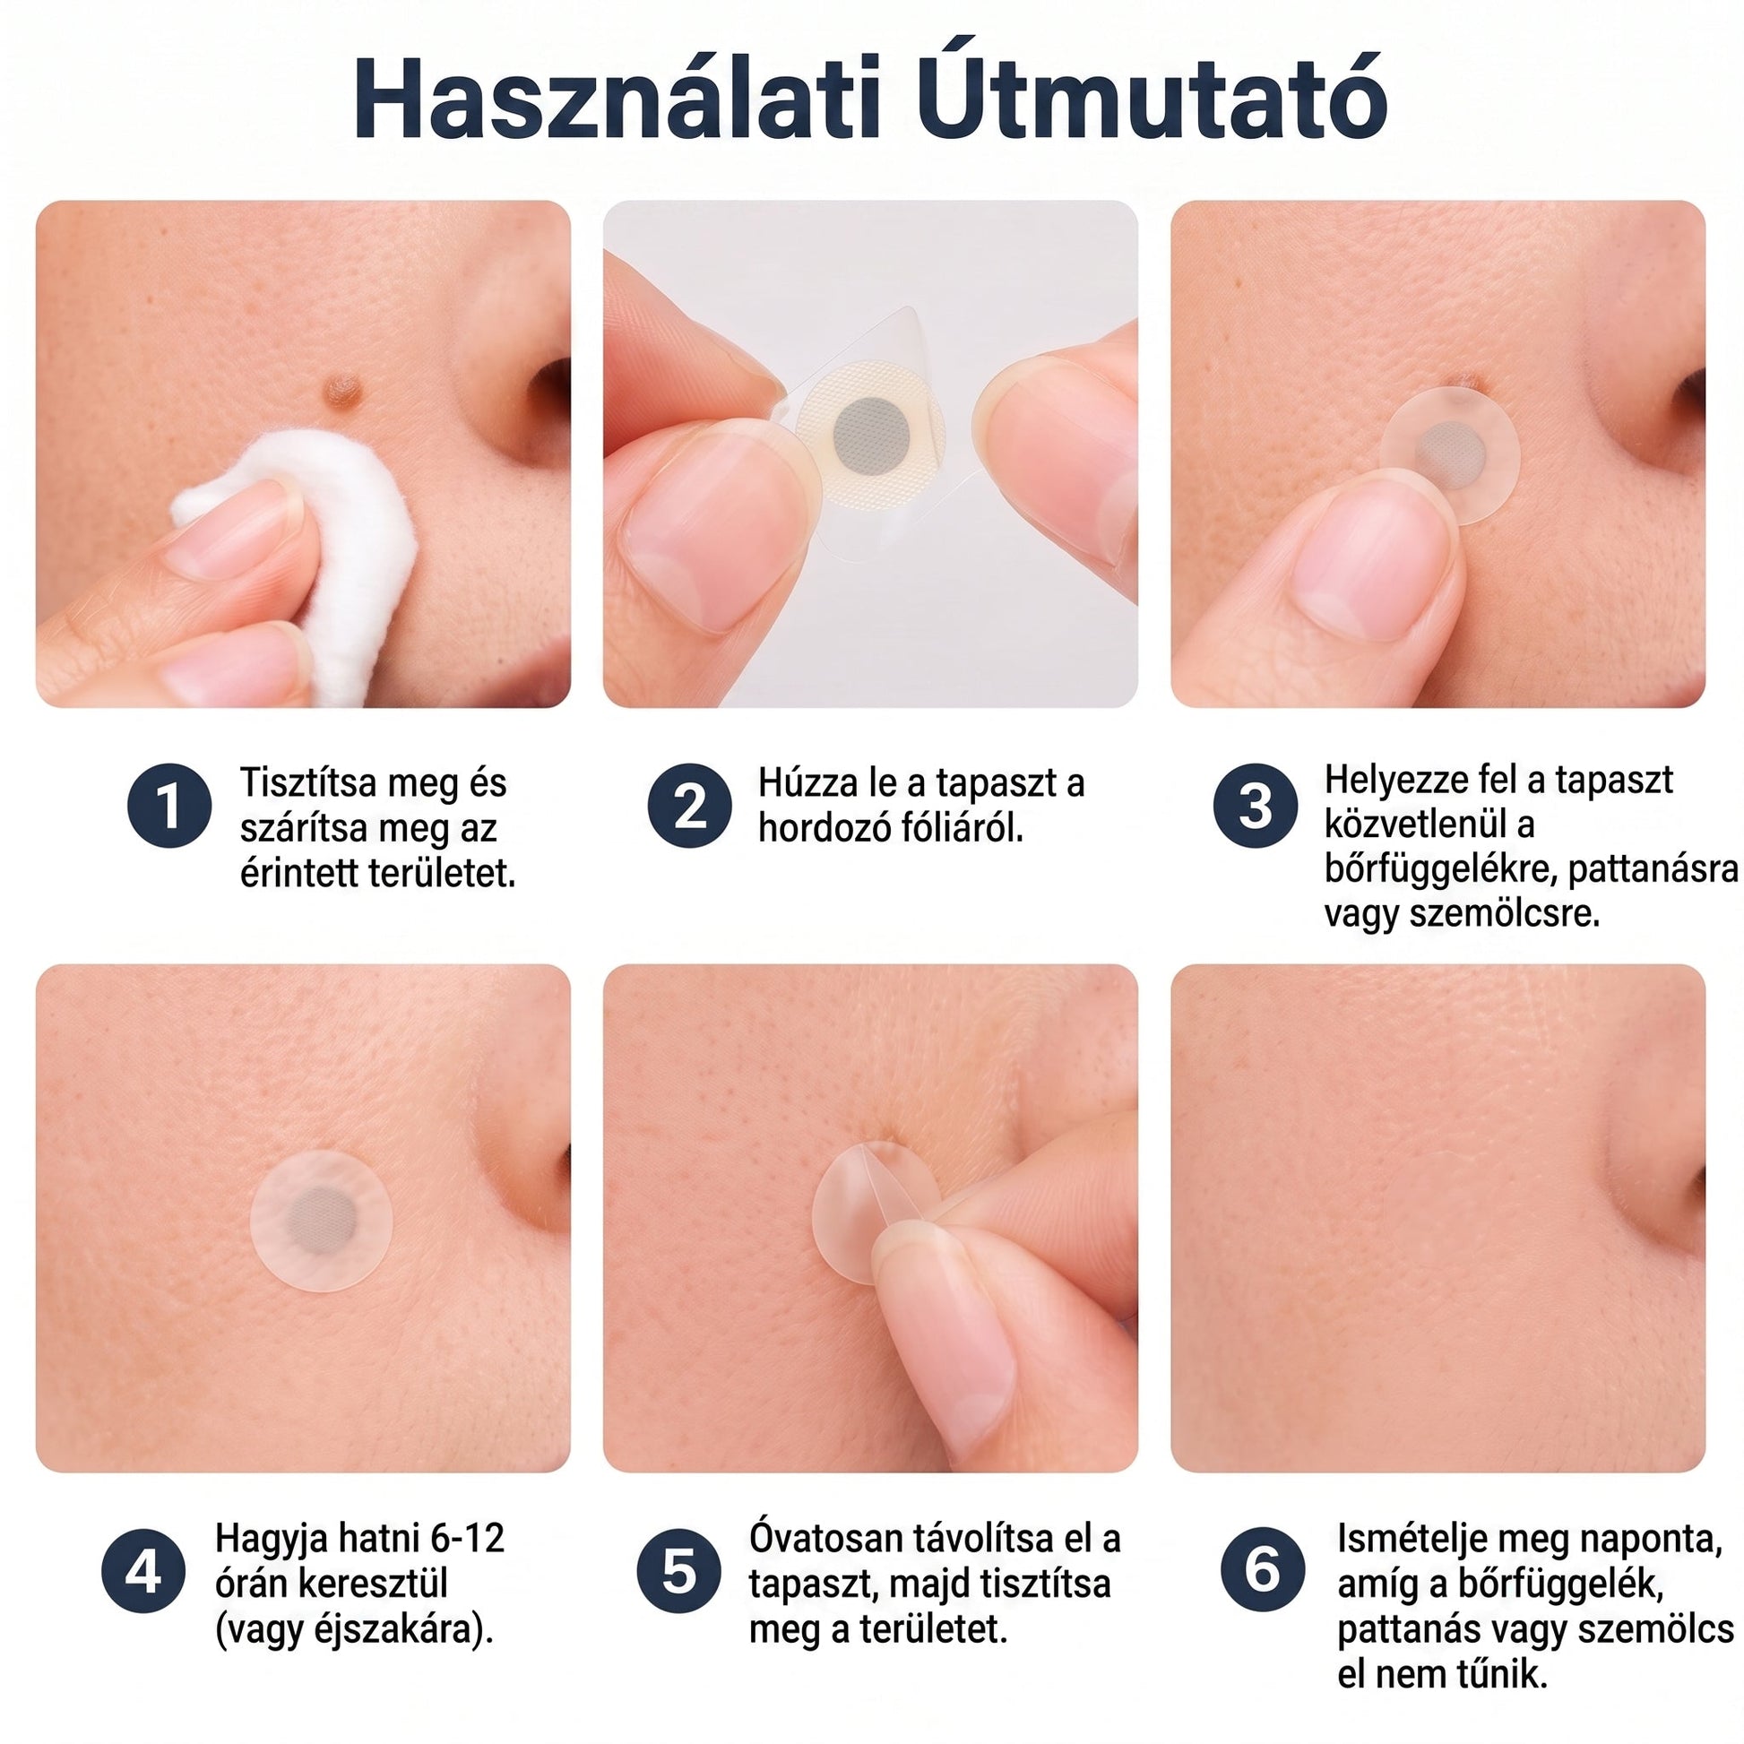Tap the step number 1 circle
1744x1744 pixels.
pos(169,805)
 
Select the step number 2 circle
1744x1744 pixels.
pos(690,805)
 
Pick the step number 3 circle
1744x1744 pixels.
pos(1255,805)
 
